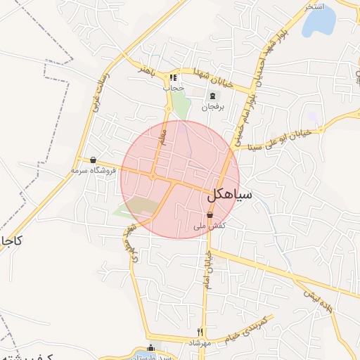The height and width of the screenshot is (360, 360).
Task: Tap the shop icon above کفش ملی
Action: pos(210,215)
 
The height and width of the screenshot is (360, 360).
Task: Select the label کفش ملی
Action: pos(210,226)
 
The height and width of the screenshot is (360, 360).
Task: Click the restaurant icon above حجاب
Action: pos(174,77)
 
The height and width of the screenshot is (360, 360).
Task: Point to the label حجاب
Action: pos(173,89)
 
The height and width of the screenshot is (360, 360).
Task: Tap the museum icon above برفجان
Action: pos(212,96)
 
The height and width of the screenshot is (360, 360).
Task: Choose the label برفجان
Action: pos(212,107)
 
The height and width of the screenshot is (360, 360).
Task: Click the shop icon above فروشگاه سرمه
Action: pos(93,160)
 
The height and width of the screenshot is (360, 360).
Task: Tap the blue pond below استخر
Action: pos(319,25)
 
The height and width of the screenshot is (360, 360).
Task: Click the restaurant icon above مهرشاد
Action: pos(200,332)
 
